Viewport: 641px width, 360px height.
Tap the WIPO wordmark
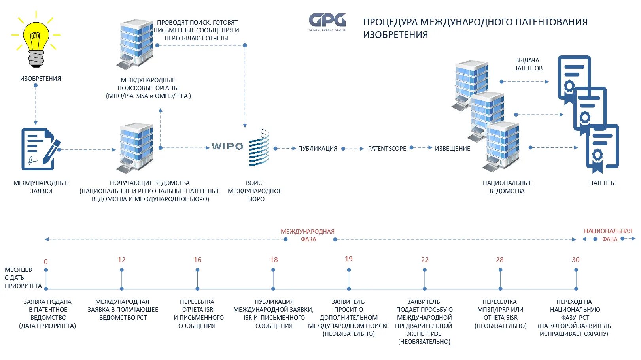pos(227,147)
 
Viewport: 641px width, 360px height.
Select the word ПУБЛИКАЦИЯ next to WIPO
pos(318,149)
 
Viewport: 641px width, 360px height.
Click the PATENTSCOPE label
pos(387,149)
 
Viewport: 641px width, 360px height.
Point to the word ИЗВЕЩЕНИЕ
pos(452,149)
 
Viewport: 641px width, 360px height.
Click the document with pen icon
pos(39,149)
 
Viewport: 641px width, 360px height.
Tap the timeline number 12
pos(121,260)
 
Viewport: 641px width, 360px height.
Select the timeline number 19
pos(348,259)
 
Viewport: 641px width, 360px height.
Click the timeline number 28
pos(499,260)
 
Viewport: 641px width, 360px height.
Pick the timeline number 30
pos(575,260)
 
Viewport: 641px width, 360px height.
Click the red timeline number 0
pos(46,262)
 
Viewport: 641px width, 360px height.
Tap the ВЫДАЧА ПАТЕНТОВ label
pos(528,64)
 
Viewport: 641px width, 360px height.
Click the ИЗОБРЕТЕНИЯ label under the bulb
pos(40,79)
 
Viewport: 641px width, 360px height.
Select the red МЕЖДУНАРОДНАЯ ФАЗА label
pos(308,235)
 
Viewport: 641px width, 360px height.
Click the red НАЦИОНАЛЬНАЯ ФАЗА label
pos(608,235)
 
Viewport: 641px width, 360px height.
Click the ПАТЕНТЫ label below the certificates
pos(602,183)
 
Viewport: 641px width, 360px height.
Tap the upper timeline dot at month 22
pos(424,270)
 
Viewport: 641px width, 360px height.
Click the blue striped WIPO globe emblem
pos(259,147)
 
